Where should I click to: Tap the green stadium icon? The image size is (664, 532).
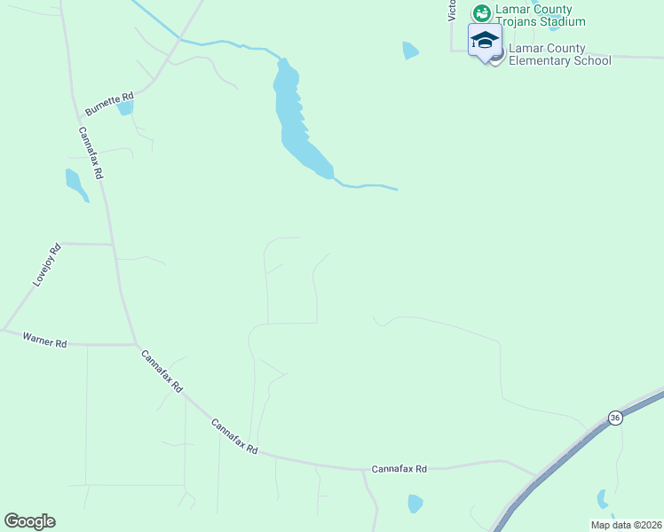481,12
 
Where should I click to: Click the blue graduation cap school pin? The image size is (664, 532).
485,41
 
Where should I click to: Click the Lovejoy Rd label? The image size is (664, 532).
46,264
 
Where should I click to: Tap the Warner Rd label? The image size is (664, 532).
44,340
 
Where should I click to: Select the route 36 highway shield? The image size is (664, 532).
614,417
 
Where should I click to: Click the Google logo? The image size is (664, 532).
29,521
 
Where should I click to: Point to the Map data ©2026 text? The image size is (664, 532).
626,525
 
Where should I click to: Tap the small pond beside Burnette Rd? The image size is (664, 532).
126,108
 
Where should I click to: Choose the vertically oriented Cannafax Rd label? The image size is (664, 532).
91,153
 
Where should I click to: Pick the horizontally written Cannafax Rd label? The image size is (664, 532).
399,468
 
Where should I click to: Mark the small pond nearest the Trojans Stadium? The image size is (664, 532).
409,50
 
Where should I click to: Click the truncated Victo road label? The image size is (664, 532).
452,10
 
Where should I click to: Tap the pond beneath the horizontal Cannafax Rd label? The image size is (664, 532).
415,504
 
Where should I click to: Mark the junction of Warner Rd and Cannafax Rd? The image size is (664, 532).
135,344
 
